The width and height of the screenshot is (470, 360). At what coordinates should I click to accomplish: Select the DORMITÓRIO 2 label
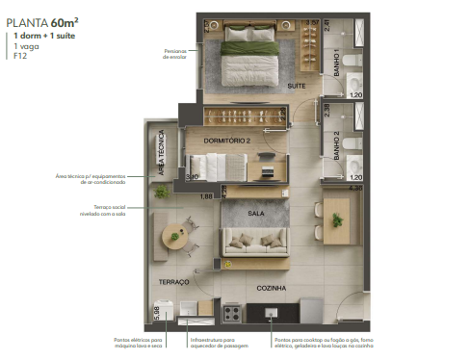click(x=226, y=141)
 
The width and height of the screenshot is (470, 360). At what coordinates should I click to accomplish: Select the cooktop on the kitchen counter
click(x=232, y=312)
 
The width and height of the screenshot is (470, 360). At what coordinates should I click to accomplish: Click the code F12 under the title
click(x=20, y=56)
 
